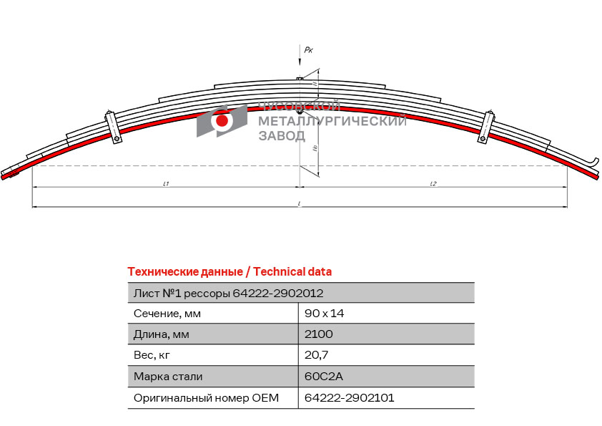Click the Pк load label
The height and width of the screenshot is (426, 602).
(308, 49)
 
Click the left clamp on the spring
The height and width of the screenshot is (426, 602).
(113, 127)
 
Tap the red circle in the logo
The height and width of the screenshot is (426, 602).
(222, 121)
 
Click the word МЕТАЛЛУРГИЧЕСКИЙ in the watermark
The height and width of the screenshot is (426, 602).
(332, 121)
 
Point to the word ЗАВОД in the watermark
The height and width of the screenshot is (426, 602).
(281, 136)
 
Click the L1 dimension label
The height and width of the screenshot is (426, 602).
(166, 184)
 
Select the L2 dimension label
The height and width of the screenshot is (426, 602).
(433, 184)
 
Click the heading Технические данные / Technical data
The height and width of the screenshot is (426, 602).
(230, 271)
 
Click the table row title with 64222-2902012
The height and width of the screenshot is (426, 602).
(228, 293)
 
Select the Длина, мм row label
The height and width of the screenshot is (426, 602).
(162, 334)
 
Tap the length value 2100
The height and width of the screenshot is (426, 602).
(319, 334)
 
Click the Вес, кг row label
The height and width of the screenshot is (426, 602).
(152, 355)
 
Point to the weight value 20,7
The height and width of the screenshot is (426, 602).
(316, 355)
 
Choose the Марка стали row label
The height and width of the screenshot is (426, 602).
(168, 377)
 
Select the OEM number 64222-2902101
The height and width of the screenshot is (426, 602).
(350, 397)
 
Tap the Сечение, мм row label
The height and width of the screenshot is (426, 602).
(167, 314)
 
